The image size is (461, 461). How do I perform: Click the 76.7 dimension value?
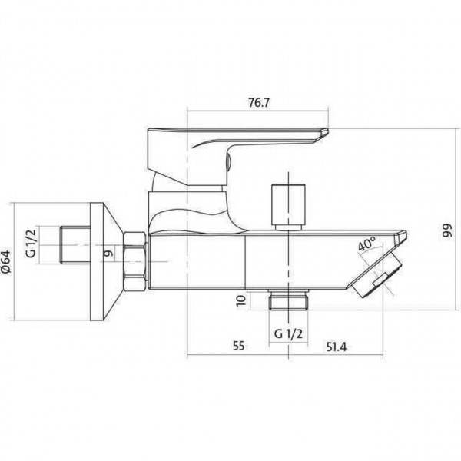pyautogui.click(x=259, y=103)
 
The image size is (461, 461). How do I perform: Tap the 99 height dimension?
pyautogui.click(x=447, y=232)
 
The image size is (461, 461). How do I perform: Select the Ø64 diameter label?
pyautogui.click(x=6, y=262)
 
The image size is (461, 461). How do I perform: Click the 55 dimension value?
pyautogui.click(x=238, y=346)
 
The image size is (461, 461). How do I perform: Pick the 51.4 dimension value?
pyautogui.click(x=337, y=347)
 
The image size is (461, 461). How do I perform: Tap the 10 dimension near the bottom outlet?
pyautogui.click(x=241, y=300)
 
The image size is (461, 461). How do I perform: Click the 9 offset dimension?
pyautogui.click(x=109, y=253)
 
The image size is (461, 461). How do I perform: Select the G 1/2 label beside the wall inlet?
pyautogui.click(x=31, y=243)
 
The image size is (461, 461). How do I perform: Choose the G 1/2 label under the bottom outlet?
pyautogui.click(x=288, y=333)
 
